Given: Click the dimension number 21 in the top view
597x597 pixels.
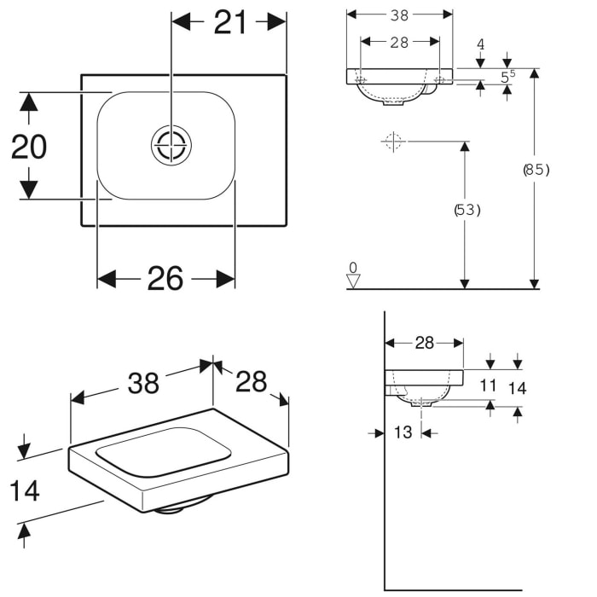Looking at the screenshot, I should pyautogui.click(x=230, y=23).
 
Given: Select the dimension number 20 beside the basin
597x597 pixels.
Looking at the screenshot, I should pyautogui.click(x=29, y=148).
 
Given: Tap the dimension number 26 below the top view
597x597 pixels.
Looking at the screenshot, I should pyautogui.click(x=165, y=278).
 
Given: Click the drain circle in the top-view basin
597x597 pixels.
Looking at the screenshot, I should pyautogui.click(x=171, y=144).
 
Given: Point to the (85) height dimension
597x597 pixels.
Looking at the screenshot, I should pyautogui.click(x=536, y=169).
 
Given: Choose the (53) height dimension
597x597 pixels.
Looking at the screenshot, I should pyautogui.click(x=466, y=209).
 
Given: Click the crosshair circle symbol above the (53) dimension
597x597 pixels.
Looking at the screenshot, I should pyautogui.click(x=391, y=142).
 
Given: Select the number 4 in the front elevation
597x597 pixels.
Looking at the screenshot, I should pyautogui.click(x=481, y=43).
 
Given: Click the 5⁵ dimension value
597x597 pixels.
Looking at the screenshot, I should pyautogui.click(x=508, y=77).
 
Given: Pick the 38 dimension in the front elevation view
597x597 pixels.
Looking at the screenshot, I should pyautogui.click(x=399, y=14).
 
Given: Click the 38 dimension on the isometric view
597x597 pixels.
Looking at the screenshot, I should pyautogui.click(x=143, y=384).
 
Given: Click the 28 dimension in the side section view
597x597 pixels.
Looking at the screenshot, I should pyautogui.click(x=424, y=343).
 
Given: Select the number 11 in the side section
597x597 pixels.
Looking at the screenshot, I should pyautogui.click(x=488, y=385).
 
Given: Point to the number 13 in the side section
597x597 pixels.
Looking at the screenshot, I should pyautogui.click(x=403, y=432).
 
